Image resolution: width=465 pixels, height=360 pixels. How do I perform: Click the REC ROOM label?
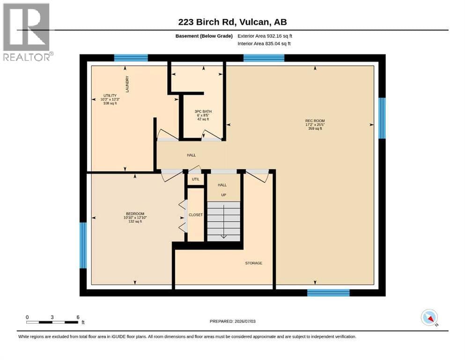[315, 121]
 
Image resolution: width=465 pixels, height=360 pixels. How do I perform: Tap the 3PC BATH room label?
[203, 112]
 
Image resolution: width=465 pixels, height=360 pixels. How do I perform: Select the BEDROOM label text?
[135, 214]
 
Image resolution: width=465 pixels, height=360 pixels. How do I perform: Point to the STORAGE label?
[253, 263]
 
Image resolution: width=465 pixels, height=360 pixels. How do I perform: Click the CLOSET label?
[196, 215]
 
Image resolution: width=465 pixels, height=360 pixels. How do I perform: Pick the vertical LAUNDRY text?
[127, 84]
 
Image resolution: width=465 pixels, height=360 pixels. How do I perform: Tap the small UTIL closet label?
[196, 179]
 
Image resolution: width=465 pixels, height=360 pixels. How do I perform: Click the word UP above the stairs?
[224, 195]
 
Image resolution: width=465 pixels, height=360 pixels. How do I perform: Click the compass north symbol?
[429, 318]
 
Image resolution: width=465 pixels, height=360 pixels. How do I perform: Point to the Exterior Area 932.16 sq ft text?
[265, 36]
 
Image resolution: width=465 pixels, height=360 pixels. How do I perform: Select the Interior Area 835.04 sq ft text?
[264, 43]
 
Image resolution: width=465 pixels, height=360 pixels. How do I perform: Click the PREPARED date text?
[232, 321]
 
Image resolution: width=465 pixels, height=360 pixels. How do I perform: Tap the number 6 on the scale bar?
[78, 317]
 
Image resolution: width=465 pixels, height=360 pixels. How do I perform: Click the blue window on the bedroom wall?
[83, 246]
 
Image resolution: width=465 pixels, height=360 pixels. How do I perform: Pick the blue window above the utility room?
[131, 58]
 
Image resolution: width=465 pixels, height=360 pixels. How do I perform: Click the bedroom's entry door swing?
[172, 176]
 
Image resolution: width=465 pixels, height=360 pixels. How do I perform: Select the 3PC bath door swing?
[211, 135]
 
